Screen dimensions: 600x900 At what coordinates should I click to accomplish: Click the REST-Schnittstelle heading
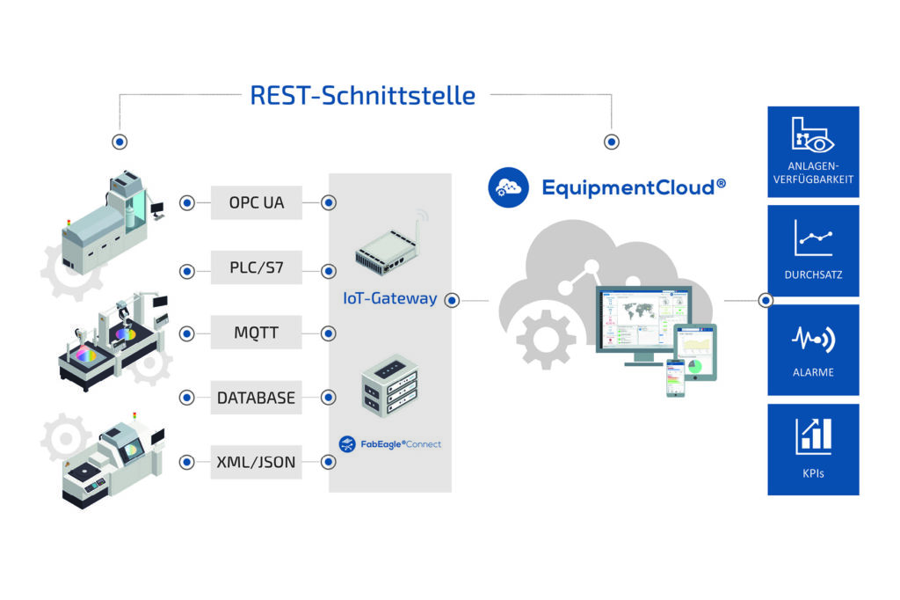[362, 94]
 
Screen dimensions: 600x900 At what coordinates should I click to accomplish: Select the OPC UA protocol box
[257, 203]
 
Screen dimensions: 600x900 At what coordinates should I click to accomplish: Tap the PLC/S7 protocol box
[257, 267]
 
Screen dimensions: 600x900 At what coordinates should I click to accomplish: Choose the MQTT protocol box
[257, 333]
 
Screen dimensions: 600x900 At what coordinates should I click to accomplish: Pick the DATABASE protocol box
[257, 398]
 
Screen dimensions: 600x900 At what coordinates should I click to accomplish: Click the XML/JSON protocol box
[257, 461]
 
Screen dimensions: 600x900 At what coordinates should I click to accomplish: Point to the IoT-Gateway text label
[389, 298]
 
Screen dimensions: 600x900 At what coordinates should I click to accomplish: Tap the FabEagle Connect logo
[389, 443]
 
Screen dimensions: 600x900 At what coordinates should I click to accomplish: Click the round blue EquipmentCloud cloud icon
[508, 187]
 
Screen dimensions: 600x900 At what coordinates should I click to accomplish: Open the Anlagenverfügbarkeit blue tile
[813, 152]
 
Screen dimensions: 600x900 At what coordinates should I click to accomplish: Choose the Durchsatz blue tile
[813, 251]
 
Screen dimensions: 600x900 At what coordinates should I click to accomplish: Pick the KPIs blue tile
[813, 449]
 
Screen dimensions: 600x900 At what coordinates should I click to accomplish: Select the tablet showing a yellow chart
[696, 351]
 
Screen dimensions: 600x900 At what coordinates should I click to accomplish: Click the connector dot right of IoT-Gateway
[452, 300]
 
